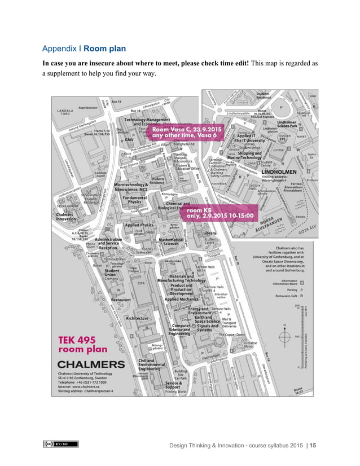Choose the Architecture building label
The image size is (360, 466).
[137, 318]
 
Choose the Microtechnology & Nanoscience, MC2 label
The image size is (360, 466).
[131, 187]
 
